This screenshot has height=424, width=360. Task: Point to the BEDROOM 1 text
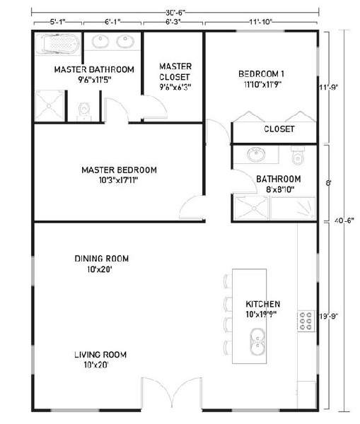tap(261, 73)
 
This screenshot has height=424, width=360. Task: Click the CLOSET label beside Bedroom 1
tap(279, 129)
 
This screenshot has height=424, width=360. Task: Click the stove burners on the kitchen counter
tap(306, 322)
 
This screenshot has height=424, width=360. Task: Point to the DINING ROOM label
tap(102, 259)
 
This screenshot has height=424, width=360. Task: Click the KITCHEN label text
tap(262, 304)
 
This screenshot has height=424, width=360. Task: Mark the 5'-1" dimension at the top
tap(57, 23)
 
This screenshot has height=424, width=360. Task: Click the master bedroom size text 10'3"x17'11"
tap(119, 180)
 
